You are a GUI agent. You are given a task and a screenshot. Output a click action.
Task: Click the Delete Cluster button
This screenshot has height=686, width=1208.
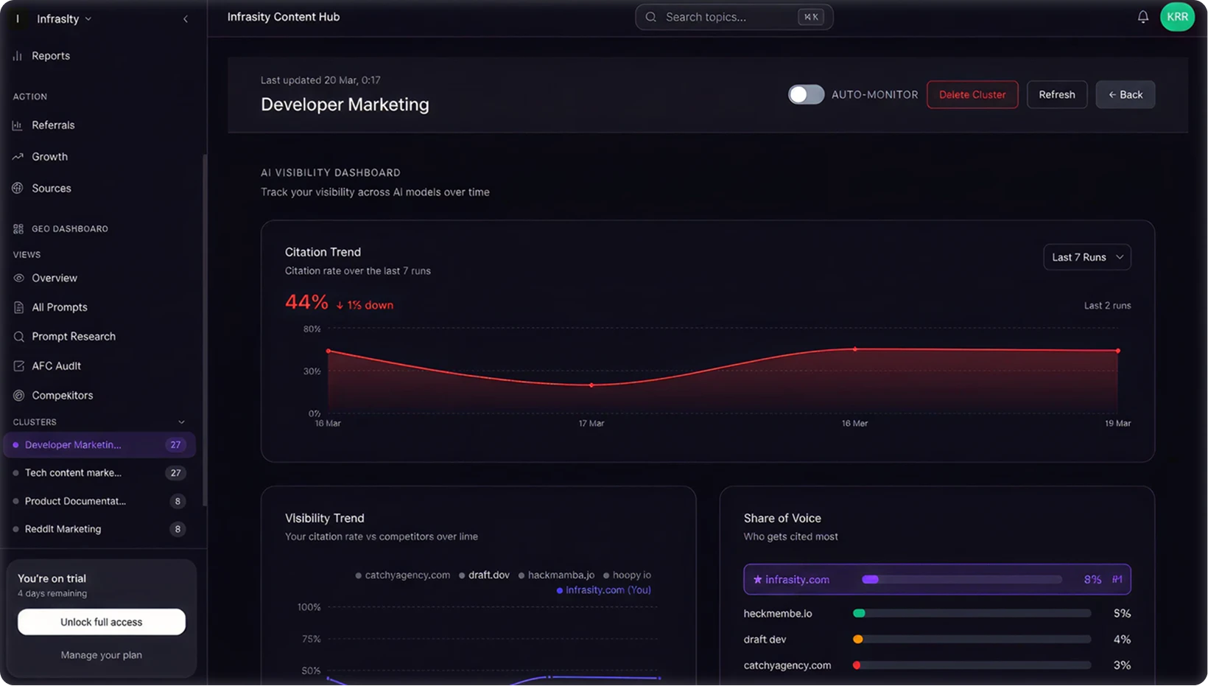(972, 94)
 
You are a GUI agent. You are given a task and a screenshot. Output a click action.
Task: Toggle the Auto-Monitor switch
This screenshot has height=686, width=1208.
(806, 94)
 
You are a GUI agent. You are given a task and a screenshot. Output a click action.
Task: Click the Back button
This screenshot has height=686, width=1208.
(1125, 94)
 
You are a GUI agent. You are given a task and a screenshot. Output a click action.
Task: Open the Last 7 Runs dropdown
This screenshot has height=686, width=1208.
(1086, 257)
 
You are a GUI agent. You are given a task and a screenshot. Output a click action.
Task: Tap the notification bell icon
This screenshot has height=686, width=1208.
(1142, 17)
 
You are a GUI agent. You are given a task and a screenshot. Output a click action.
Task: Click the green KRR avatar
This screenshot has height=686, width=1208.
(1177, 17)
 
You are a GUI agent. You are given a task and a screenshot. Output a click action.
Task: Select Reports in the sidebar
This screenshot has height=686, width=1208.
(50, 56)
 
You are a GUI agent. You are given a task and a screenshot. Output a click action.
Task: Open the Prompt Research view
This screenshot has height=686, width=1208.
(73, 337)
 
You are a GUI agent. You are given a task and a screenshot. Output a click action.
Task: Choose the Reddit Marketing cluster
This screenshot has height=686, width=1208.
(63, 529)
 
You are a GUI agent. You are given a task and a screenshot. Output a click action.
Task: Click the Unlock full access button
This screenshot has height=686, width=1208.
(102, 622)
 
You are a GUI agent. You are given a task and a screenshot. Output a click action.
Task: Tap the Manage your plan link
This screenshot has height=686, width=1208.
(102, 655)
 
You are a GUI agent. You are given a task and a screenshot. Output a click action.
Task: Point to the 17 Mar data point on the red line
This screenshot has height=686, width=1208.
(591, 385)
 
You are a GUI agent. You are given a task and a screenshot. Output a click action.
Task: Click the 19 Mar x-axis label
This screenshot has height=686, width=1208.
(1117, 424)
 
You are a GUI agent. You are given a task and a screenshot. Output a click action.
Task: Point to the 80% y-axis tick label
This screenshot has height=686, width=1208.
(312, 329)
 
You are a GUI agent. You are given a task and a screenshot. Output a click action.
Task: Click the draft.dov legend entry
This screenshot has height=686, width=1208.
(488, 575)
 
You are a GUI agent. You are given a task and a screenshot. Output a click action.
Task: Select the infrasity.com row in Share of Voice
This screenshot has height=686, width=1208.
(937, 580)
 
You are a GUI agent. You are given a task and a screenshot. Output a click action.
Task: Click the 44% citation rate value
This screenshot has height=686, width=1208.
(306, 302)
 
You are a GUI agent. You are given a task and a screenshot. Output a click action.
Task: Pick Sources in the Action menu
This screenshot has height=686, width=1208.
(51, 189)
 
